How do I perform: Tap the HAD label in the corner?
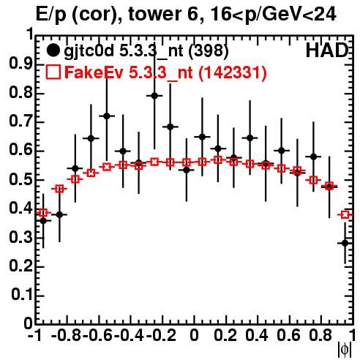[327, 50]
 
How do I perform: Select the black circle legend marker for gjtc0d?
[53, 50]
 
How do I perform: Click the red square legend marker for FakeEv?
[53, 72]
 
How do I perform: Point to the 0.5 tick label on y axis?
[20, 180]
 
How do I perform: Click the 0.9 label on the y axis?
[20, 64]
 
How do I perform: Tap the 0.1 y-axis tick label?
[22, 295]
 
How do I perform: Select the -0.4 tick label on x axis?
[130, 335]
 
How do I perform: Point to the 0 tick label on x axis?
[194, 335]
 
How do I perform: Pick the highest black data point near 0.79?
[154, 96]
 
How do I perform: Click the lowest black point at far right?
[345, 243]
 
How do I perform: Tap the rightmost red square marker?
[345, 214]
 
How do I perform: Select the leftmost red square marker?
[43, 213]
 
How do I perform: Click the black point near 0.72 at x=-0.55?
[107, 116]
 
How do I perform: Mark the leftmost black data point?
[43, 221]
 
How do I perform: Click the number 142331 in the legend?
[233, 72]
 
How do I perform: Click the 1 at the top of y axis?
[31, 34]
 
